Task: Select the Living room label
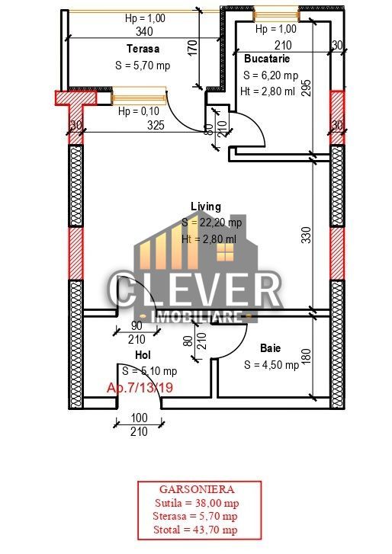pos(205,207)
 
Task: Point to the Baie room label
pos(270,347)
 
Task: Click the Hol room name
pos(143,355)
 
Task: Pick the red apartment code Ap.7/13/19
pos(140,388)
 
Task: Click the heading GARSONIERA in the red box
pos(197,490)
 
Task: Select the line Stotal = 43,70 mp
pos(197,530)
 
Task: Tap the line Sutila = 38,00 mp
pos(197,504)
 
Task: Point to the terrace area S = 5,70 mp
pos(143,66)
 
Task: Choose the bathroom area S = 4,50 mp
pos(272,364)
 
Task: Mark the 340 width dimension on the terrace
pos(143,32)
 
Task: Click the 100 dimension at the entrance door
pos(139,418)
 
